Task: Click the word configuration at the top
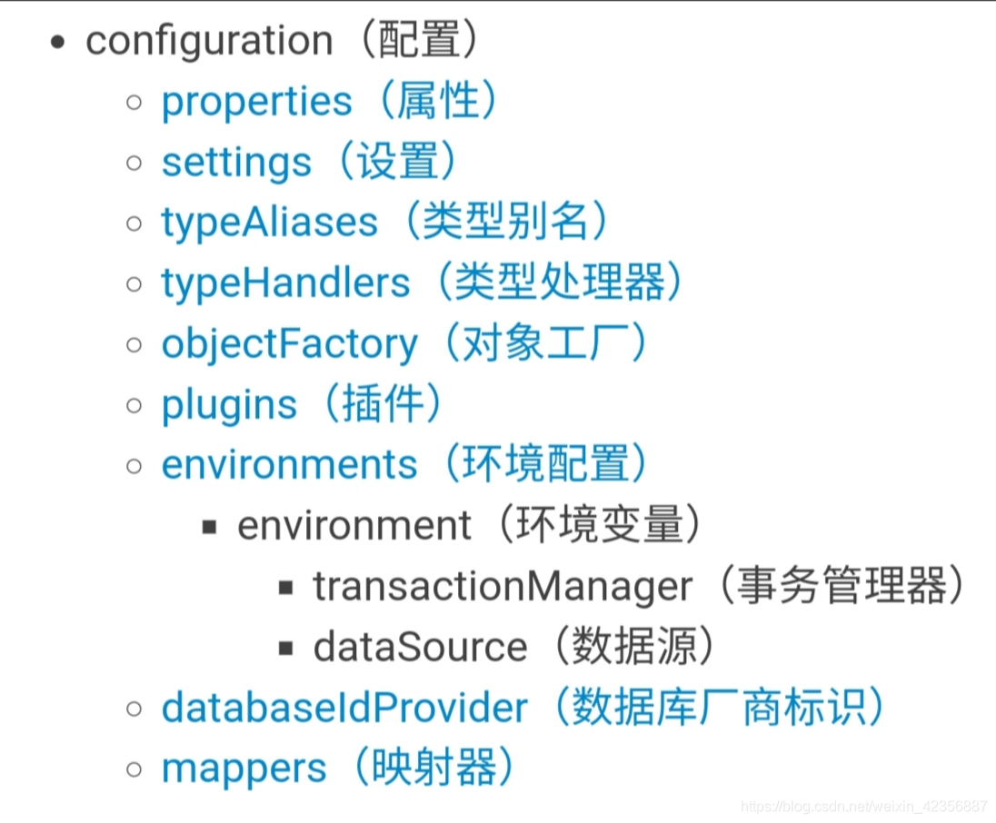click(209, 42)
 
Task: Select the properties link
click(256, 102)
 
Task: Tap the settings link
click(236, 163)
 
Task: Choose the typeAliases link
click(269, 223)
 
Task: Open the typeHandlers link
click(285, 283)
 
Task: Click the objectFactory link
click(289, 344)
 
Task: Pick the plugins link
click(229, 405)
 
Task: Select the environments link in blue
click(289, 465)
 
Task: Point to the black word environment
click(354, 526)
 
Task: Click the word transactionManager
click(503, 587)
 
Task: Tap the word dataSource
click(420, 647)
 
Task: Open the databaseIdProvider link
click(344, 708)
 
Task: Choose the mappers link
click(244, 768)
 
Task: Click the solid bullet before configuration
click(59, 43)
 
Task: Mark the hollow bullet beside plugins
click(134, 405)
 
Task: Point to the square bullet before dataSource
click(286, 648)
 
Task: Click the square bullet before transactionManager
click(286, 588)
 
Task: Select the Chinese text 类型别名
click(504, 223)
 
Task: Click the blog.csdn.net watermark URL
click(863, 806)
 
